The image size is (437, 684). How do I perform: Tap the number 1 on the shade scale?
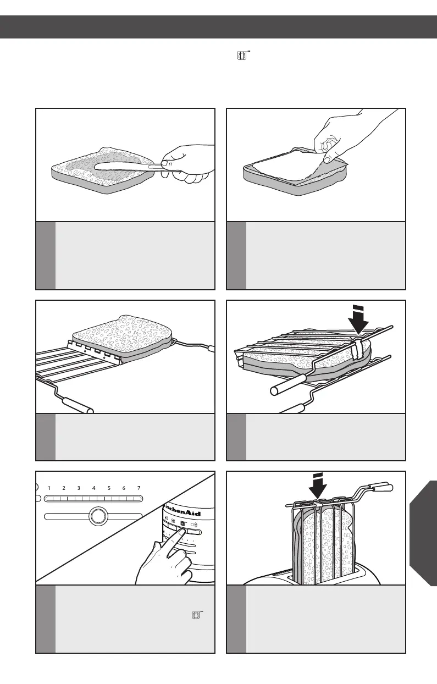[49, 488]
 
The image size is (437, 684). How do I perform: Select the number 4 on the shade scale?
[94, 488]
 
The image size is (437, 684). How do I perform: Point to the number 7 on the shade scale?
[139, 488]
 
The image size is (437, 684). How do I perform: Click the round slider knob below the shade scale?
[97, 516]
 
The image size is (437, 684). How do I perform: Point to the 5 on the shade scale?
[109, 488]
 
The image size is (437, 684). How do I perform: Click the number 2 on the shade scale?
[64, 488]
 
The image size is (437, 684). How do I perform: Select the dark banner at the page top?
[218, 27]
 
